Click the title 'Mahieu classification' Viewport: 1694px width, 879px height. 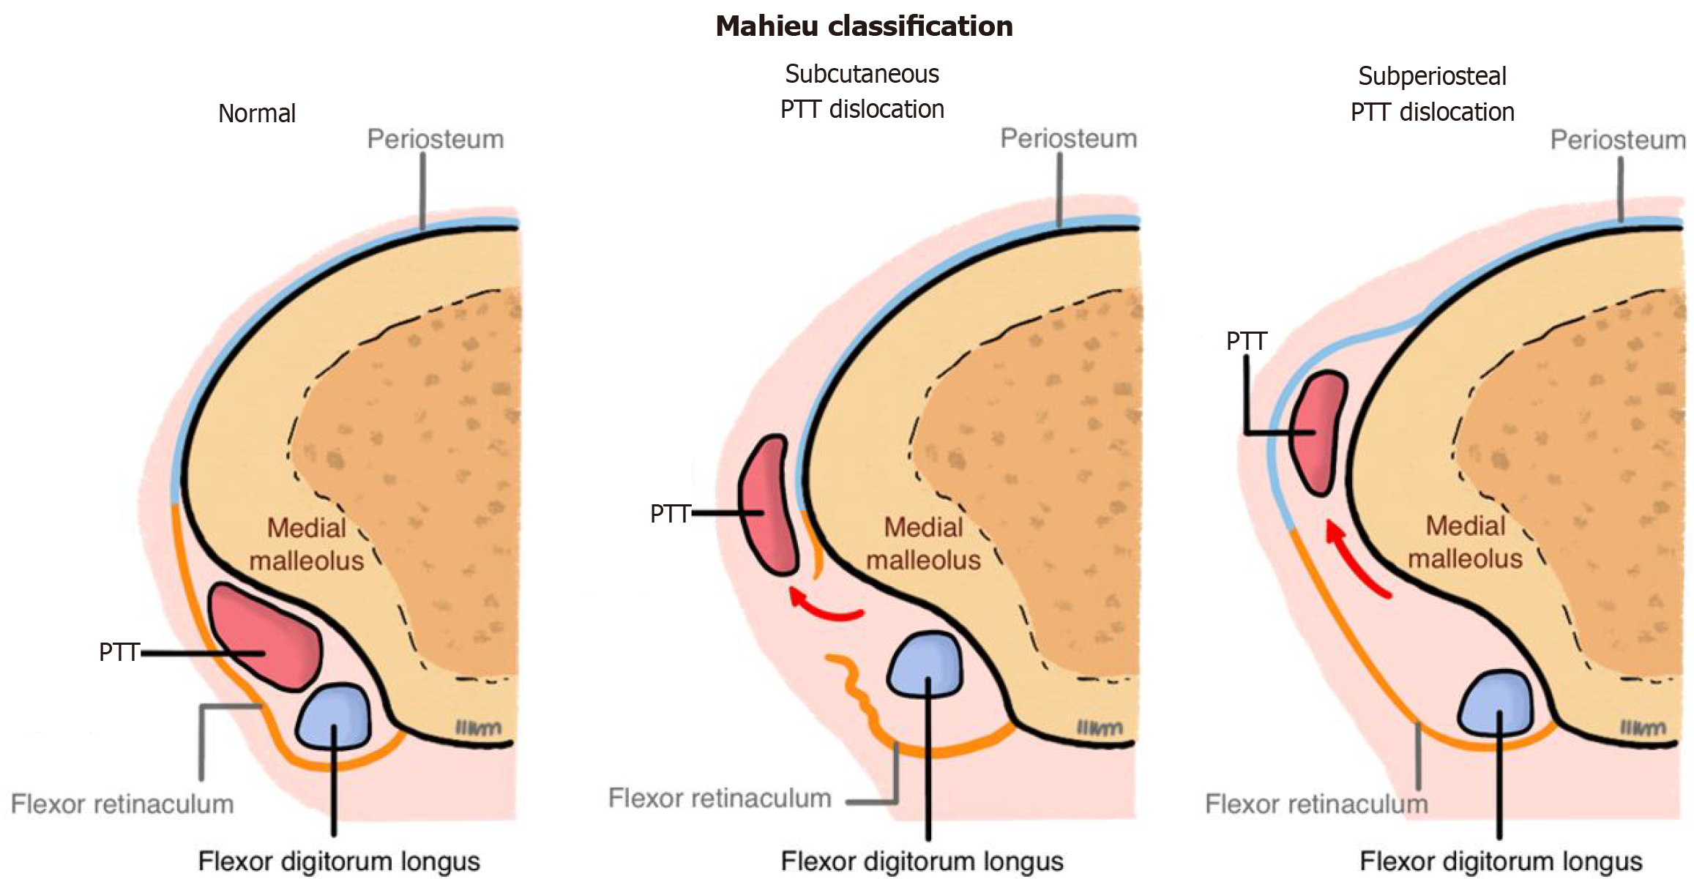pos(864,26)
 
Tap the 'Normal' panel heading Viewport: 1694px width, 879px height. pos(257,113)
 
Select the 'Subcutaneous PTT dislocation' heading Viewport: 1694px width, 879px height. pos(862,91)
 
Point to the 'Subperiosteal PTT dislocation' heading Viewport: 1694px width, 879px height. pos(1432,94)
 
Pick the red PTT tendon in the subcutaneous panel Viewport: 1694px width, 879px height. pos(769,505)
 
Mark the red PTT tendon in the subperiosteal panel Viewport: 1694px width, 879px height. pos(1318,432)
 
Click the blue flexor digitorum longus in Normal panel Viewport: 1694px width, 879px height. pos(335,715)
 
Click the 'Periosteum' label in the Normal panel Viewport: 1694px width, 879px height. pos(436,139)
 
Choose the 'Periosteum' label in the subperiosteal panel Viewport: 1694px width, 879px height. pos(1618,140)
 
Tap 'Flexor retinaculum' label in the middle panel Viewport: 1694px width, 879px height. pos(720,798)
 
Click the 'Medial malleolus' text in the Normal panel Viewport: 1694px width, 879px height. pos(307,544)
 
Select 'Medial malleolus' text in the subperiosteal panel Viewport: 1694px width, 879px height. pos(1465,542)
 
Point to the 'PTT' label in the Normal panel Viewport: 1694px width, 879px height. pos(119,652)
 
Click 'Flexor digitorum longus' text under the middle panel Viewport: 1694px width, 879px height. pos(922,861)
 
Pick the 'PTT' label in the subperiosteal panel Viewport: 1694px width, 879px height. pos(1246,341)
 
